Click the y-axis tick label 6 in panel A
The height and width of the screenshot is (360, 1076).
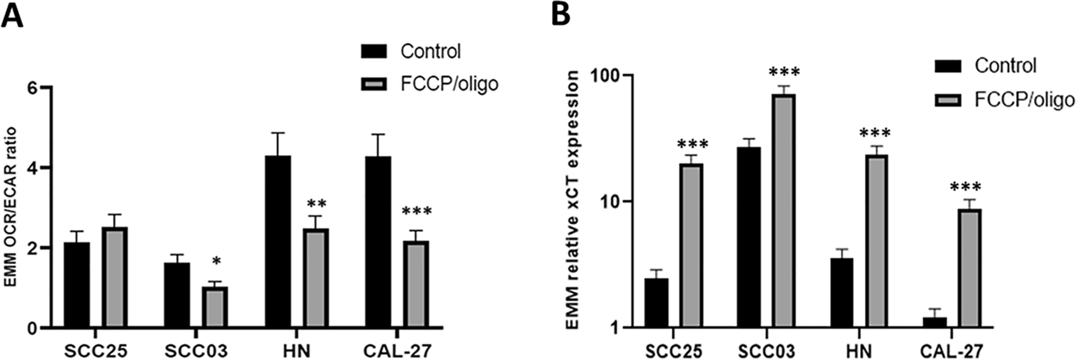[30, 88]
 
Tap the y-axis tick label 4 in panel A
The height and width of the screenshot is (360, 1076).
[30, 168]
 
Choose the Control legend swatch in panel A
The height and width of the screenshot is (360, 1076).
[373, 52]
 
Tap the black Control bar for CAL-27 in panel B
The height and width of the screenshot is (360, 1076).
[934, 322]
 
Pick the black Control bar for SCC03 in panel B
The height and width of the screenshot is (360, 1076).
[748, 237]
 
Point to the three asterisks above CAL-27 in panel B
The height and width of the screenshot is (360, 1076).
[967, 187]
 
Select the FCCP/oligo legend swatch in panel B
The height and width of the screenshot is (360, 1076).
[948, 99]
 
